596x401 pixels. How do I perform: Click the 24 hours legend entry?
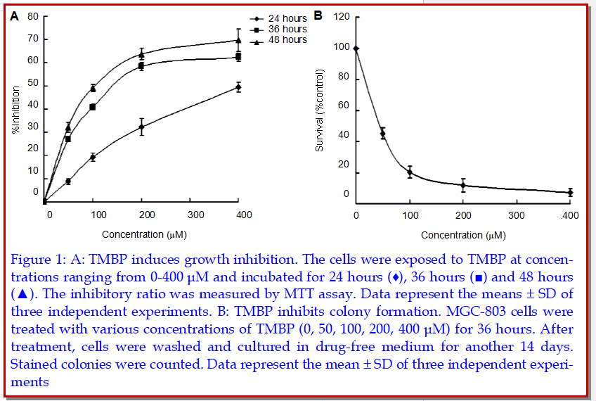280,18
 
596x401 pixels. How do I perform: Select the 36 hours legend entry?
280,29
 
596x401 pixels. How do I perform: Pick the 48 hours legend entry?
280,39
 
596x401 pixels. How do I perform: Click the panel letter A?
14,17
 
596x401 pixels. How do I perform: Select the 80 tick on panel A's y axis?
33,17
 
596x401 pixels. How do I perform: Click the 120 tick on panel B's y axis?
342,17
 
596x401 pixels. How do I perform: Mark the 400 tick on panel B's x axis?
570,215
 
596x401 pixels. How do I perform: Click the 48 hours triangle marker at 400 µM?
239,39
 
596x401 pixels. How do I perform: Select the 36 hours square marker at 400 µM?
239,56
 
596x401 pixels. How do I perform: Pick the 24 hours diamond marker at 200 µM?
141,127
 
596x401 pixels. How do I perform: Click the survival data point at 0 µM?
356,49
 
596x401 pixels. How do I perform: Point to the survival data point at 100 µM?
410,172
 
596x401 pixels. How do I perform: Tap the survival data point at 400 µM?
570,192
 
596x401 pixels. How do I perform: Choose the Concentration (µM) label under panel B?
463,235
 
